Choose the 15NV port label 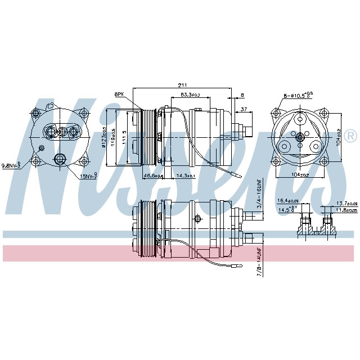(88, 177)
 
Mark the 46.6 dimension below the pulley (152, 176)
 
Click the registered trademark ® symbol (350, 136)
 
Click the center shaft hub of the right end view (299, 136)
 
